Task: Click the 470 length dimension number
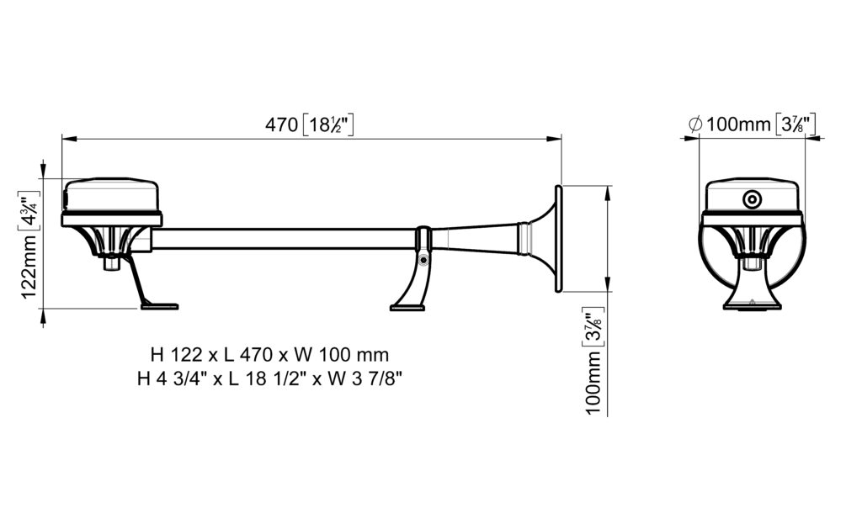(x=281, y=124)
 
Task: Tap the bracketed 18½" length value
(x=328, y=124)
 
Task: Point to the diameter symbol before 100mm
(x=694, y=124)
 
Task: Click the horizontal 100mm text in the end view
(x=738, y=124)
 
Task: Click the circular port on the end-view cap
(x=752, y=199)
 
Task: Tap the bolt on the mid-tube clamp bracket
(x=423, y=260)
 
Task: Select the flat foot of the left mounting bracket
(x=159, y=306)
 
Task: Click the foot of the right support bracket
(x=407, y=308)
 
